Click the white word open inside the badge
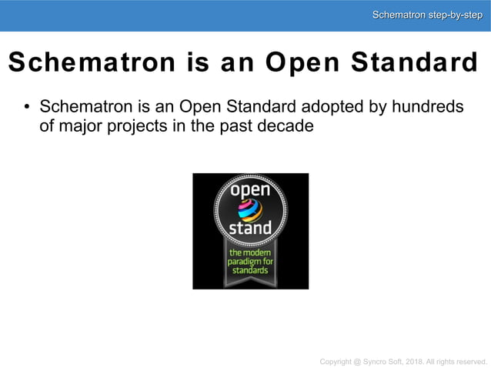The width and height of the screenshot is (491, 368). (250, 189)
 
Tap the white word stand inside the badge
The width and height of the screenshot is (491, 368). (250, 228)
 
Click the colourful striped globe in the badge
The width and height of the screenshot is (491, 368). (250, 209)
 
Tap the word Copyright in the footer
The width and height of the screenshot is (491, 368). (338, 361)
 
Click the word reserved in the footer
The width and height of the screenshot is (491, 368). (472, 361)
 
